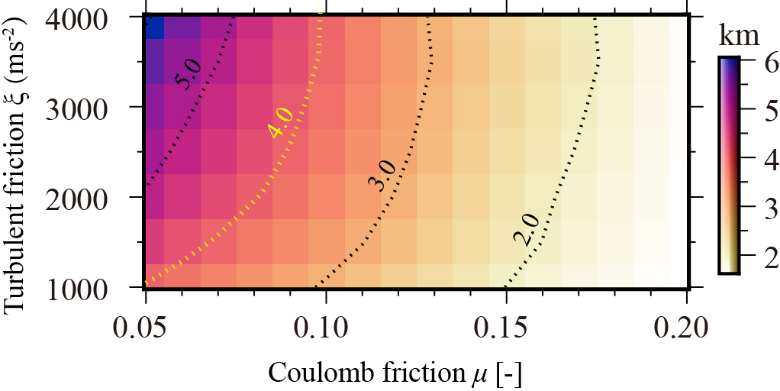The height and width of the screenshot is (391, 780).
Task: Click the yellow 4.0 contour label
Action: [x=281, y=122]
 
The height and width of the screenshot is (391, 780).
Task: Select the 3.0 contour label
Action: [x=380, y=175]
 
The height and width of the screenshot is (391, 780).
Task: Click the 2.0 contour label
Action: [x=527, y=230]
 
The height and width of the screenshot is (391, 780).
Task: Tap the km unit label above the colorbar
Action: [x=740, y=34]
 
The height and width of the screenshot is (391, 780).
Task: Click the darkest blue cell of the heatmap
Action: [x=155, y=27]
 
